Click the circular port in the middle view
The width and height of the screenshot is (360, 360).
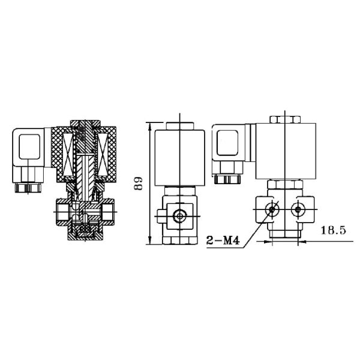click(x=179, y=215)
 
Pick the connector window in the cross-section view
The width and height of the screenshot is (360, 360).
click(x=30, y=146)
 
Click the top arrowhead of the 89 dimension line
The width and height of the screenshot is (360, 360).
click(x=148, y=125)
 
